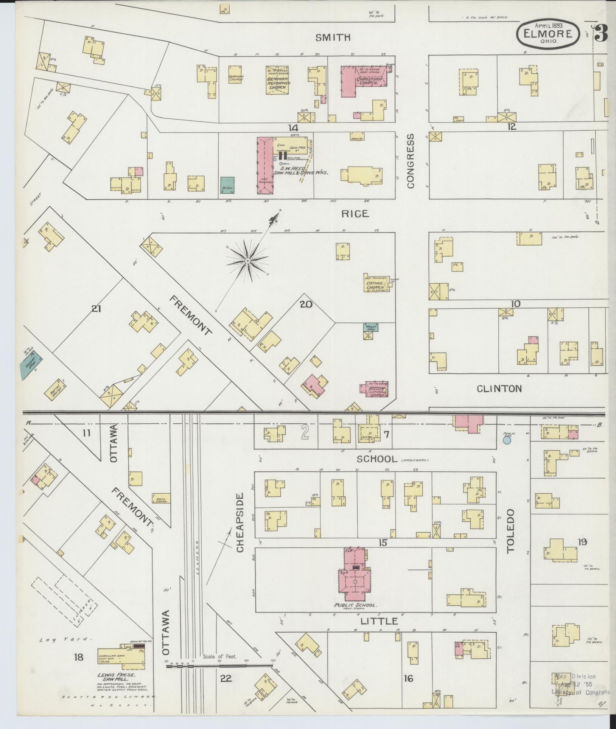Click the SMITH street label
point(333,37)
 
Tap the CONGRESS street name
point(411,160)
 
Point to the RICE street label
point(355,214)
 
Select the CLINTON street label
point(499,389)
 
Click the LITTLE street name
point(379,621)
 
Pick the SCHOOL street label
point(377,459)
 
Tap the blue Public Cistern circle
point(507,440)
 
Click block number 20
point(306,303)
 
